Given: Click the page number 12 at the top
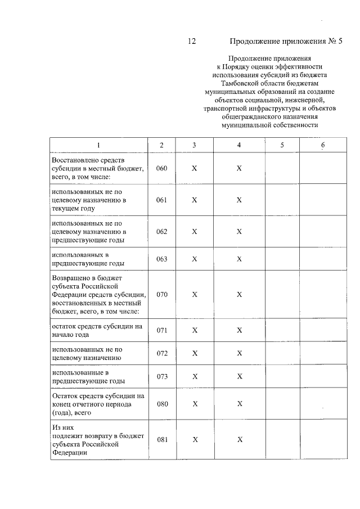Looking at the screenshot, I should click(x=191, y=41).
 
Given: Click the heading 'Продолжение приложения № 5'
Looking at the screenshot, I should click(x=286, y=41).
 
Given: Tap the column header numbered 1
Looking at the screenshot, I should click(x=98, y=145).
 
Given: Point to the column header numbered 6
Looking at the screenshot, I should click(x=323, y=145).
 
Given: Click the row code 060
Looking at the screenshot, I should click(x=162, y=169).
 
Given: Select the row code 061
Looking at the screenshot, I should click(x=162, y=200).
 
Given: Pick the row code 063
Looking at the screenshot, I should click(x=162, y=259).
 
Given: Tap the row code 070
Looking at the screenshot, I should click(x=162, y=295).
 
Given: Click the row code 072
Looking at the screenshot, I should click(x=162, y=353).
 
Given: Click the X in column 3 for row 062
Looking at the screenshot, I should click(x=195, y=232).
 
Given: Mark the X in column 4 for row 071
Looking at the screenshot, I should click(x=239, y=330).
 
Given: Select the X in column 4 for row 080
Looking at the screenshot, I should click(x=239, y=404).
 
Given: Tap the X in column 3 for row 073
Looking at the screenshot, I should click(x=195, y=376).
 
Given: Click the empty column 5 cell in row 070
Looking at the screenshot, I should click(x=282, y=295).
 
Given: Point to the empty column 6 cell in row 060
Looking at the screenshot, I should click(x=323, y=169).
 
